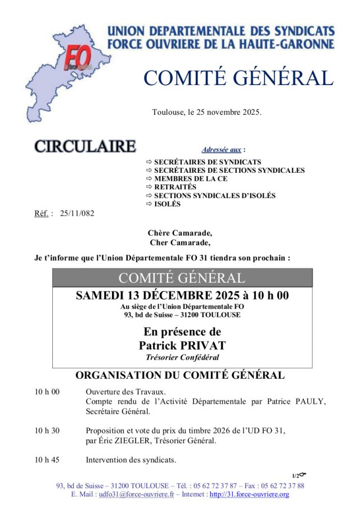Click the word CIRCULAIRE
coord(85,146)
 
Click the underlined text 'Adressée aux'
coord(222,150)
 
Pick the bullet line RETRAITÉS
coord(175,187)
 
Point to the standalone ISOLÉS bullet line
coord(168,204)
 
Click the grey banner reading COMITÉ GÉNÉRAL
coord(182,278)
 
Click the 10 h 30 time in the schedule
coord(47,431)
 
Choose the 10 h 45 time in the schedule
coord(47,460)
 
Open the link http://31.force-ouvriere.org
coord(249,494)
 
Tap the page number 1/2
coord(296,476)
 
